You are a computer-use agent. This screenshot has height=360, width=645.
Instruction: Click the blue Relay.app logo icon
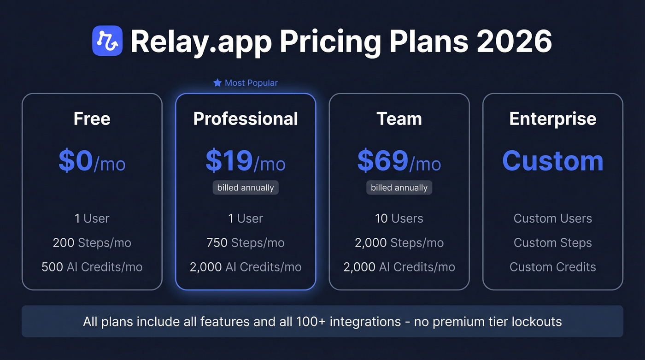coord(107,41)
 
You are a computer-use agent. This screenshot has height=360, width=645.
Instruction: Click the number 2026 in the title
coord(514,41)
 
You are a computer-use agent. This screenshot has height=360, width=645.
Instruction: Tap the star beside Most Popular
coord(217,83)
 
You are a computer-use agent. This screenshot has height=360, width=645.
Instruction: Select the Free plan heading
coord(92,119)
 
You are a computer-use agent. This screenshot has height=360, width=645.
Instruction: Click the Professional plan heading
coord(246,119)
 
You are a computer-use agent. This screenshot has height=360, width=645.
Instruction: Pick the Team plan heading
coord(399,119)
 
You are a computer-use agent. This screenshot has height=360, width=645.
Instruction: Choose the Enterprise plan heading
coord(553,119)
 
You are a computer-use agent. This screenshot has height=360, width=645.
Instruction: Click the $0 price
coord(76,161)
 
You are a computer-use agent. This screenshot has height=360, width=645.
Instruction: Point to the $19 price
coord(229,161)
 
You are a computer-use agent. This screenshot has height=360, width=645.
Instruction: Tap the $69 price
coord(383,161)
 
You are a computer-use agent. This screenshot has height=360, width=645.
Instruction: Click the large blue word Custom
coord(553,161)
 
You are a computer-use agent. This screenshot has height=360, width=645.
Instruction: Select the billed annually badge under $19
coord(246,188)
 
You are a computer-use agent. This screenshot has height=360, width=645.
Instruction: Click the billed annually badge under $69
coord(399,188)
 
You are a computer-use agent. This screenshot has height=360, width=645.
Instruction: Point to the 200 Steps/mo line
coord(92,243)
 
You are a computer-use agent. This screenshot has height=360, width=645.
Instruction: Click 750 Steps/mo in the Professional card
coord(246,243)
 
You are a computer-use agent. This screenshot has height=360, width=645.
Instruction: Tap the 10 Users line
coord(399,218)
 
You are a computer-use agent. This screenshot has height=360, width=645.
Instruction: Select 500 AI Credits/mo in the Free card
coord(92,267)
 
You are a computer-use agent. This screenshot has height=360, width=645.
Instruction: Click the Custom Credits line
coord(553,267)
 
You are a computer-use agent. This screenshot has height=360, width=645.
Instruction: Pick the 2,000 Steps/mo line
coord(399,243)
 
